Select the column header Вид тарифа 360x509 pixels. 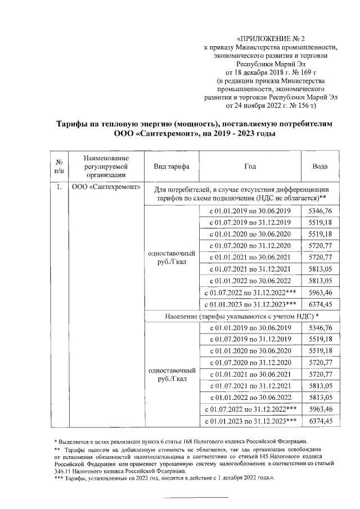[x=171, y=167]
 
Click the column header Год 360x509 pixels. [x=250, y=167]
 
